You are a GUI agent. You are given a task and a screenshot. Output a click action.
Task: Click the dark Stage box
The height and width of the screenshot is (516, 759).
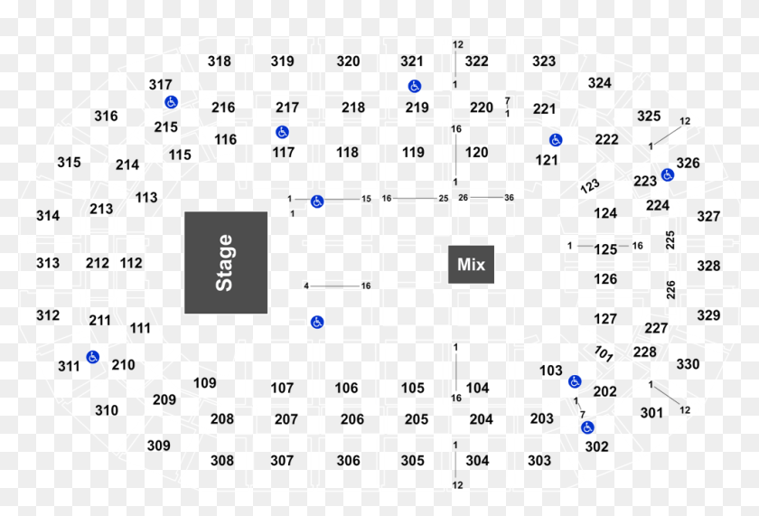point(226,262)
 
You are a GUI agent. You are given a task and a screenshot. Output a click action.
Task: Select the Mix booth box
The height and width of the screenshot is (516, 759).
point(471,264)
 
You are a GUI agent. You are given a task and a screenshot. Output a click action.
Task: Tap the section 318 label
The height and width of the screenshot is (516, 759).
point(220,61)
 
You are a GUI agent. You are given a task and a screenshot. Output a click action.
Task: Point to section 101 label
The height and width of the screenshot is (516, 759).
point(604,354)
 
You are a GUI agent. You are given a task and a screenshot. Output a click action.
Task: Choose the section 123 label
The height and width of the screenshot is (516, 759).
point(590,186)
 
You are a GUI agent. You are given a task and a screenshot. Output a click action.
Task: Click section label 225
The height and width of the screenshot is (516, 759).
point(670,240)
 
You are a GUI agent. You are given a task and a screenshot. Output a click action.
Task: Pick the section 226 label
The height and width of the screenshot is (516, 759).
point(670,290)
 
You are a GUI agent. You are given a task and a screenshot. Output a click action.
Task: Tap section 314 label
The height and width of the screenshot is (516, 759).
point(48,215)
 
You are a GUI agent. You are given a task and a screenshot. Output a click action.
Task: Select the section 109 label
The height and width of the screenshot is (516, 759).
point(205,383)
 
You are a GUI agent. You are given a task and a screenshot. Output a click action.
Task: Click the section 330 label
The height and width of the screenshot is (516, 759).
point(688,363)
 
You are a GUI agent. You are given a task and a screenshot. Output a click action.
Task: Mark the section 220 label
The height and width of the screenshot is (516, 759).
point(482,107)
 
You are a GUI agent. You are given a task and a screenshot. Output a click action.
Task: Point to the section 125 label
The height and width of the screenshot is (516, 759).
point(605,249)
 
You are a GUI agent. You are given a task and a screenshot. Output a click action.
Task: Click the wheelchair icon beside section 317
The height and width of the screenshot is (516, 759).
point(172,102)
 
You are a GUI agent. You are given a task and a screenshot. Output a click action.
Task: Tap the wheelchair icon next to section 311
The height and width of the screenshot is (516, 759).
point(93,357)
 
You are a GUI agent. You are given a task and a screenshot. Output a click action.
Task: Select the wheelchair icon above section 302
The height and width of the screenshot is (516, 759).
point(587,427)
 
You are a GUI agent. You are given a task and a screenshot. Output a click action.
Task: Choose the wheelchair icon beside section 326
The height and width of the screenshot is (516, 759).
point(668,174)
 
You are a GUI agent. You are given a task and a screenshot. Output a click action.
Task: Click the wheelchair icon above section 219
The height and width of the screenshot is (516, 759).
point(415,86)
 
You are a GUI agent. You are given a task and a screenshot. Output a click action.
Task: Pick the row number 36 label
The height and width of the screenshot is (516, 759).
point(510,198)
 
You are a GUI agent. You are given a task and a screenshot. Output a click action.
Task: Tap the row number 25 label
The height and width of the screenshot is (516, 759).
point(444,199)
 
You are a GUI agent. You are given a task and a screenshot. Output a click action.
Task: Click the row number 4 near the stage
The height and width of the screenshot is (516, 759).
point(306,286)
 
